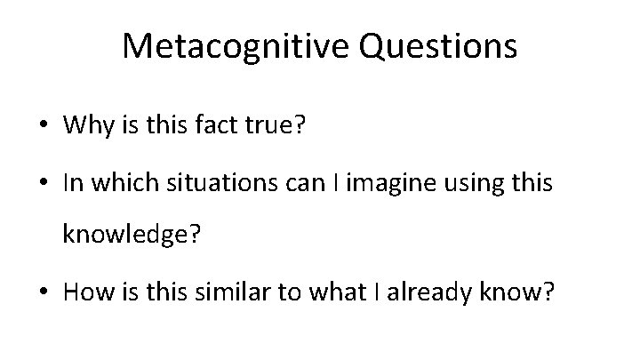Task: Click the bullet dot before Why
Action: pyautogui.click(x=43, y=127)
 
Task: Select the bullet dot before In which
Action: pyautogui.click(x=43, y=186)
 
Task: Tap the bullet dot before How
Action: pyautogui.click(x=43, y=293)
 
